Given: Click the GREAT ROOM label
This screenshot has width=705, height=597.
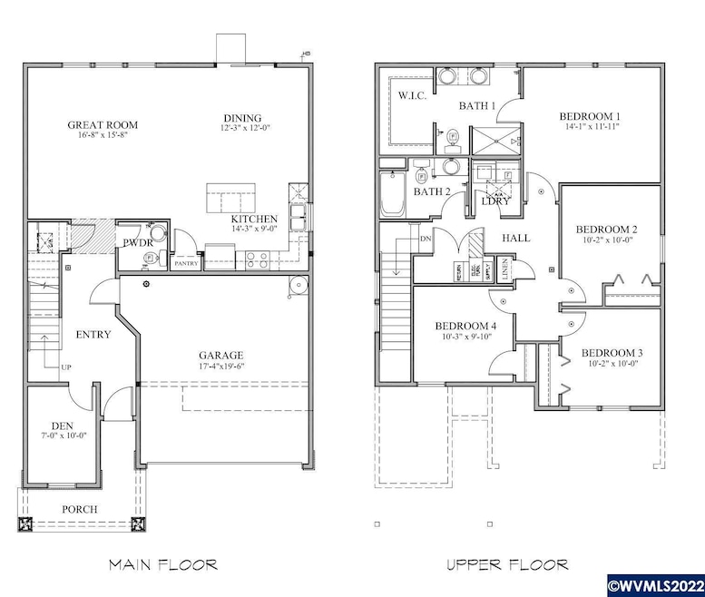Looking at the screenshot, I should click(102, 124).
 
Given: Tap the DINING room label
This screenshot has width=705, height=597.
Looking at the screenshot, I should click(242, 118).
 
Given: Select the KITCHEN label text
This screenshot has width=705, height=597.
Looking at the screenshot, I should click(254, 220).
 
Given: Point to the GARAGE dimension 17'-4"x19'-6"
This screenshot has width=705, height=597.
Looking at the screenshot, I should click(221, 367).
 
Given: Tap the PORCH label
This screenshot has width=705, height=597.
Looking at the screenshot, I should click(80, 509).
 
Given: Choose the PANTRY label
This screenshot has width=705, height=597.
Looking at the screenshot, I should click(186, 264).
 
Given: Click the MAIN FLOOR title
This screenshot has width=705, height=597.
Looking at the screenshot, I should click(163, 564).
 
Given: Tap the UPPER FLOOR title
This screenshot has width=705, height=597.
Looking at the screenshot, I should click(507, 564).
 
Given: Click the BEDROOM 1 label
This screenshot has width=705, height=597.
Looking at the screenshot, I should click(589, 116).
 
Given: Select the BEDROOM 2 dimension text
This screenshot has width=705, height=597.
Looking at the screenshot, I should click(608, 241).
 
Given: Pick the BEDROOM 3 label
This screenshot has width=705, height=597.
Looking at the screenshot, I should click(612, 353).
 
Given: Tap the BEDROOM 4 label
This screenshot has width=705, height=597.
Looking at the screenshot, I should click(465, 326).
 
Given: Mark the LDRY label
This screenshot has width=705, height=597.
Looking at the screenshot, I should click(496, 201).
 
